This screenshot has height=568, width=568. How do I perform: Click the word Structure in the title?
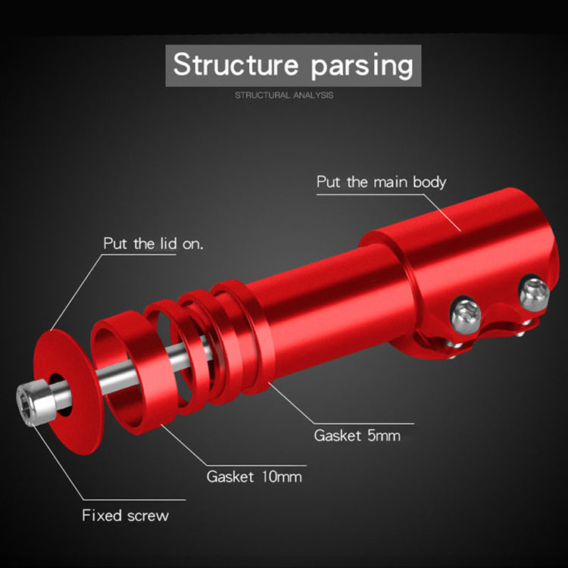(236, 65)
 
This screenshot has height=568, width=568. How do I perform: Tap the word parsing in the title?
(362, 67)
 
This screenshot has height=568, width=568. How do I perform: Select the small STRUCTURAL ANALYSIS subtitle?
(283, 95)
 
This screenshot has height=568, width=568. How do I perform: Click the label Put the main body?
(381, 182)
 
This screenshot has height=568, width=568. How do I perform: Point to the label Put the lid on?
(154, 244)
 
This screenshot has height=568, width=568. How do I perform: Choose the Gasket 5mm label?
(357, 435)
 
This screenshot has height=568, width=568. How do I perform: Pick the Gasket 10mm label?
(254, 476)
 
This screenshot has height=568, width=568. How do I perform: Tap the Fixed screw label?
(126, 516)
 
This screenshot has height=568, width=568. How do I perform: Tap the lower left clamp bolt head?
(463, 311)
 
